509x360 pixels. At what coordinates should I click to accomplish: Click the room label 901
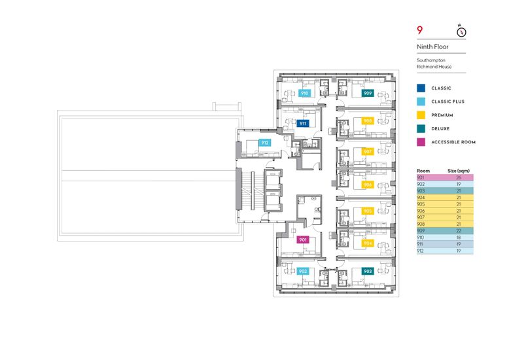coord(302,240)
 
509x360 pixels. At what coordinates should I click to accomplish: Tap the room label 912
coord(265,143)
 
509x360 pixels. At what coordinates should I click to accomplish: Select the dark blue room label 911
coord(303,124)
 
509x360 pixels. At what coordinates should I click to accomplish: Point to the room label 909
coord(368,93)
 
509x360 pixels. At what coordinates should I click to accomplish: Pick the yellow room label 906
coord(368,185)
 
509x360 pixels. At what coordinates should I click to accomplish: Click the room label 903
coord(368,271)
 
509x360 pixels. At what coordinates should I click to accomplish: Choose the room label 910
coord(304,93)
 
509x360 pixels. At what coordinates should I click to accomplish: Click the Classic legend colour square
coord(421,88)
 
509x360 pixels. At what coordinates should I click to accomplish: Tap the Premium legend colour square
coord(421,115)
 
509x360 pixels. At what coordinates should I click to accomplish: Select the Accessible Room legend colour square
coord(421,142)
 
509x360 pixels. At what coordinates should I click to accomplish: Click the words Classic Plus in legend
coord(448,101)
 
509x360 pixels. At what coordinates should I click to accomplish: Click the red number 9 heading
coord(420,30)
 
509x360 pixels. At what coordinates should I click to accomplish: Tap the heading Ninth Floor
coord(432,46)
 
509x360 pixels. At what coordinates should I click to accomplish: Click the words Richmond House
coord(434,67)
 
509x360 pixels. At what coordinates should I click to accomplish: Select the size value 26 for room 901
coord(459,178)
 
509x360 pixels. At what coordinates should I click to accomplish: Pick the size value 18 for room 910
coord(459,238)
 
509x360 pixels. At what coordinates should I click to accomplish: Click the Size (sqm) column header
coord(459,171)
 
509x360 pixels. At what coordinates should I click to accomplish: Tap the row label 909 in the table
coord(421,231)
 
